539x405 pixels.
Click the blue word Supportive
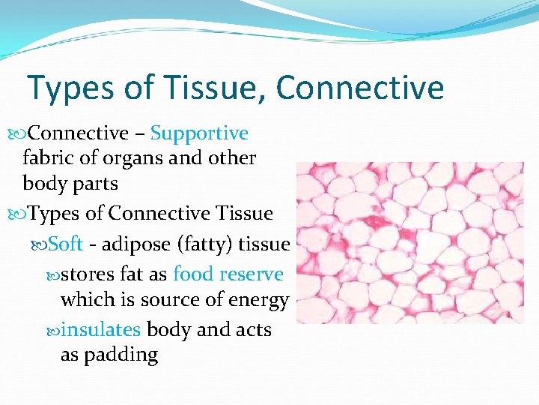pos(199,133)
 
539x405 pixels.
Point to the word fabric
pos(49,158)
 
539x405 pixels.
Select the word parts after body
pos(94,183)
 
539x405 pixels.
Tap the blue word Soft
pos(65,244)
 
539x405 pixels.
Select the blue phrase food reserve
pos(228,274)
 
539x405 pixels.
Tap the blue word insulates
pos(100,329)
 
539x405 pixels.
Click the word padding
pos(122,354)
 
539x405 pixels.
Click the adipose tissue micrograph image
pos(409,242)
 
